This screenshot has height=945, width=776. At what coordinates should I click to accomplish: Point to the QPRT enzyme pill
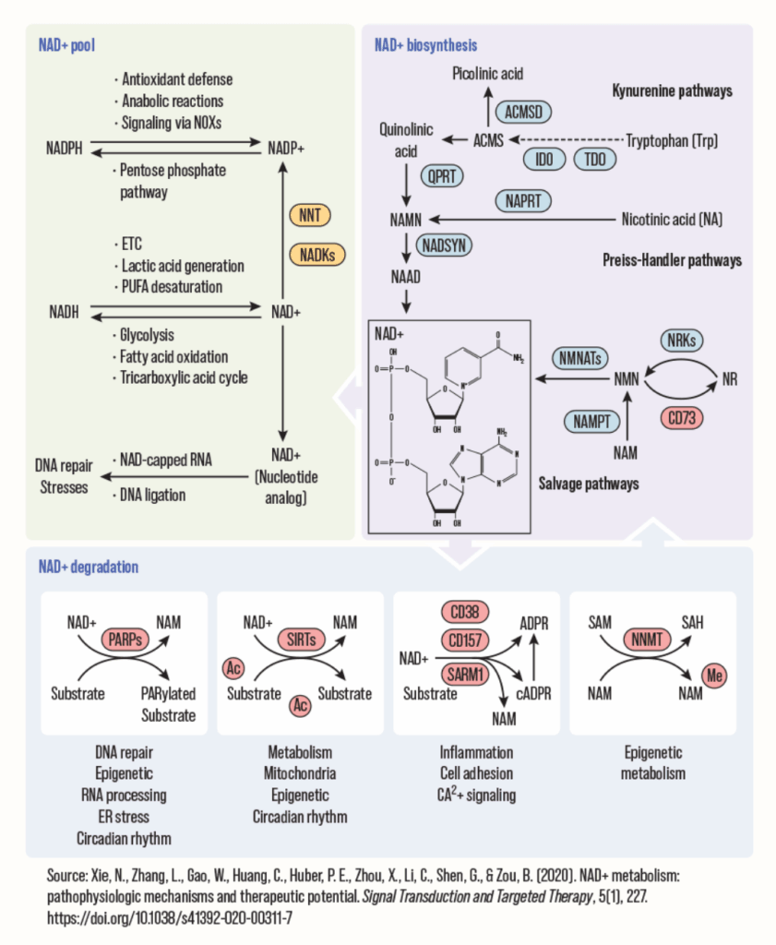(x=441, y=174)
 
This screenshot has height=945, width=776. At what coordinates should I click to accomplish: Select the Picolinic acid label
(x=487, y=73)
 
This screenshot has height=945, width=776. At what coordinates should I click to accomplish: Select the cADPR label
(x=530, y=693)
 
